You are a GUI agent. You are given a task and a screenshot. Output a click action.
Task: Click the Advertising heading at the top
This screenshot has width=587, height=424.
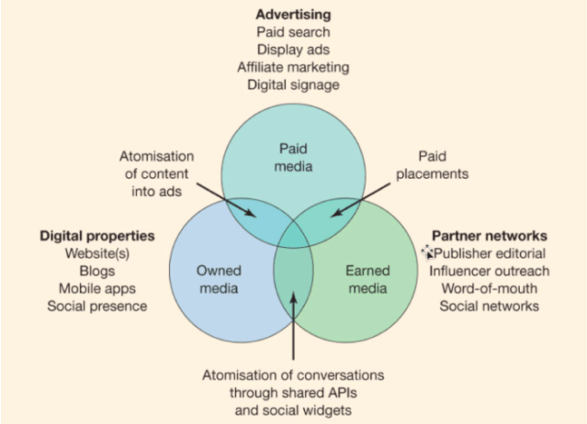tap(293, 16)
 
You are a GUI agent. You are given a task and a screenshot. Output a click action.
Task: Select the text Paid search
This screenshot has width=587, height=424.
tap(293, 33)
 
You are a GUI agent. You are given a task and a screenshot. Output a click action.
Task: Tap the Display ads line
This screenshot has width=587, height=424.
tap(293, 50)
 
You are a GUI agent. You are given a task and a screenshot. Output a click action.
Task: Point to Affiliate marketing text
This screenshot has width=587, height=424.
tap(293, 67)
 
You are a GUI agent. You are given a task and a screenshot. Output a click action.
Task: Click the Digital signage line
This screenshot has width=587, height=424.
tap(293, 84)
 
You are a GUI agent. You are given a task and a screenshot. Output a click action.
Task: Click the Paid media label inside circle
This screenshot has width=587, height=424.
tap(294, 157)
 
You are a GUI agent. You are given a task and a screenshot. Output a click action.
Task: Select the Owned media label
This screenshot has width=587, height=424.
tap(219, 279)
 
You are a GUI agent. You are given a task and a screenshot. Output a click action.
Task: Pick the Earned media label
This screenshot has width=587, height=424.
tap(367, 279)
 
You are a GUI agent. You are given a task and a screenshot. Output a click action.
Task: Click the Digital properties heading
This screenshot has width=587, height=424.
tap(96, 236)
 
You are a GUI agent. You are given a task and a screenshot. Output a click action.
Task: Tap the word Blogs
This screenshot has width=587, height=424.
tap(96, 271)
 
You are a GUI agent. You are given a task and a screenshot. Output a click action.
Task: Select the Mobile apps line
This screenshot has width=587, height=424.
tap(96, 288)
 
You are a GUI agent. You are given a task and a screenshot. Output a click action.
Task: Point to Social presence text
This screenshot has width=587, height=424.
tap(96, 306)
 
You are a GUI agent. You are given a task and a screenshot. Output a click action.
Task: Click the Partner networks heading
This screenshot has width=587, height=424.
tap(489, 236)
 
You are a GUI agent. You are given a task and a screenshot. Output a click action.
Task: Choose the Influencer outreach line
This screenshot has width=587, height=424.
tap(489, 271)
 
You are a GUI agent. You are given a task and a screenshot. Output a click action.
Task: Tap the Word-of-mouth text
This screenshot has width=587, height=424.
tap(489, 288)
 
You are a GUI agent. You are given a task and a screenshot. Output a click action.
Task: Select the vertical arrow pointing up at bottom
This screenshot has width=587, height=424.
tap(293, 326)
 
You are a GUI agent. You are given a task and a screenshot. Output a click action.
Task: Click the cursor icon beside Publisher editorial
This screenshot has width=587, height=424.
tap(426, 251)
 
